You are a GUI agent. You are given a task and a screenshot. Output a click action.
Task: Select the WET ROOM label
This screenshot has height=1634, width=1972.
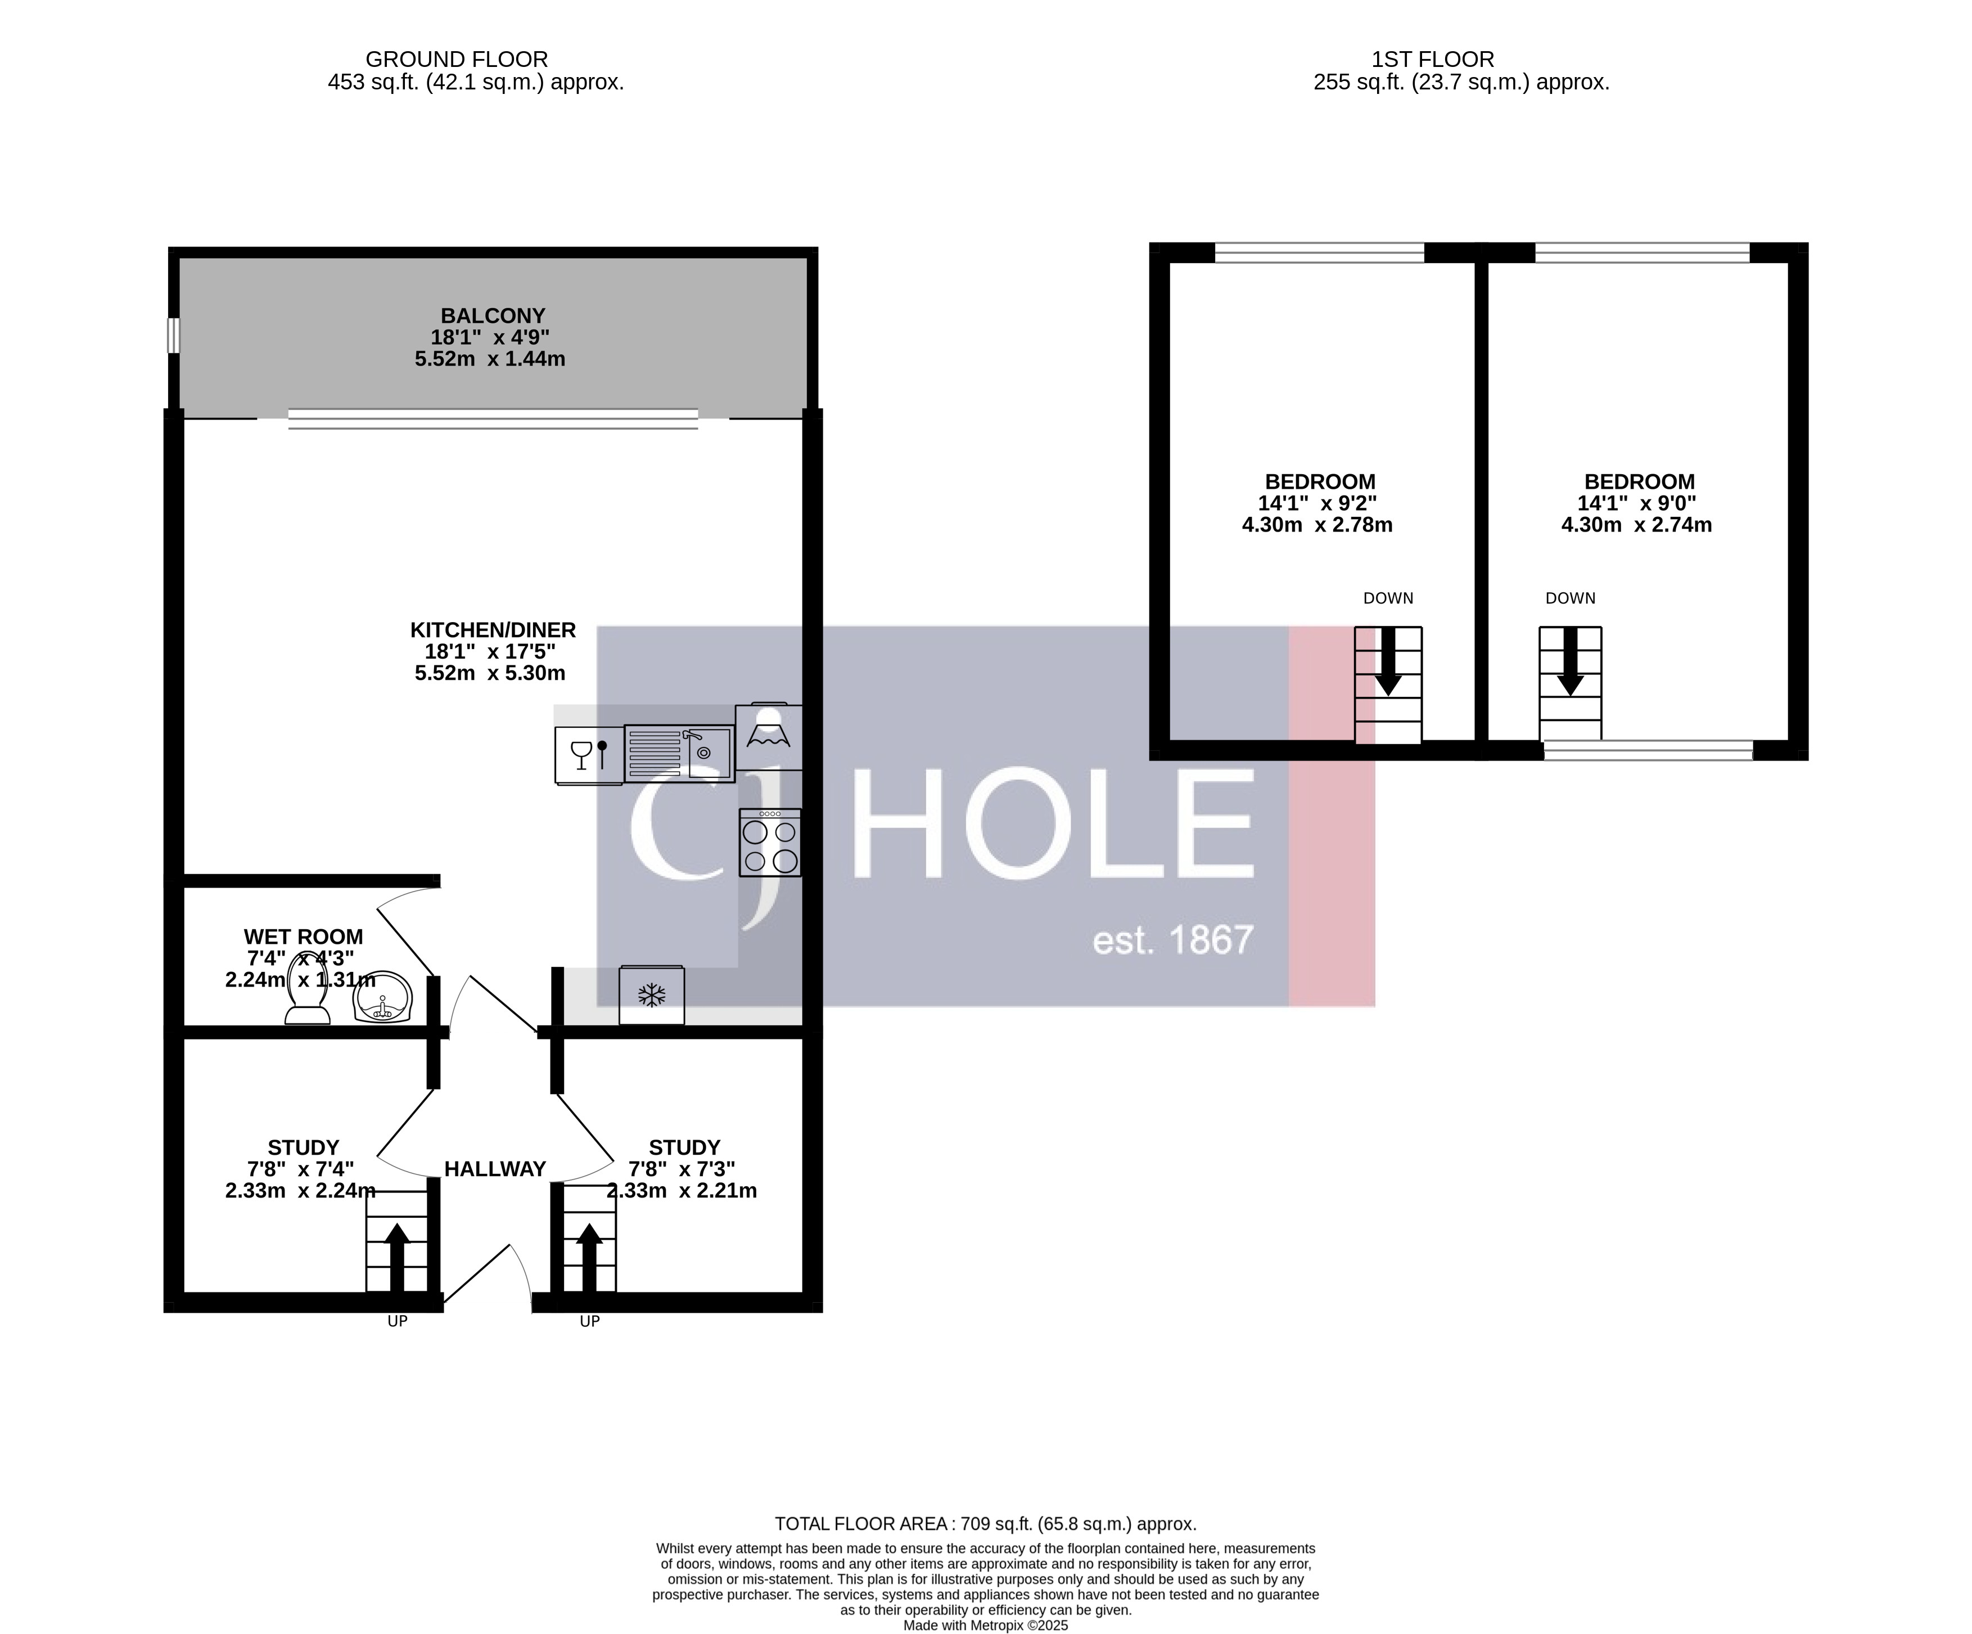point(303,937)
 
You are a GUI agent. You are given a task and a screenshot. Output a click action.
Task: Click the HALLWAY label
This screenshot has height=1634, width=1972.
point(495,1169)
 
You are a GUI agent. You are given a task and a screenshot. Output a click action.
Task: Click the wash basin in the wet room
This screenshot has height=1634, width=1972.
point(382,996)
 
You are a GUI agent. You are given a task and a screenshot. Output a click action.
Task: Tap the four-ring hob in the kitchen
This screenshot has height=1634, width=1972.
point(770,843)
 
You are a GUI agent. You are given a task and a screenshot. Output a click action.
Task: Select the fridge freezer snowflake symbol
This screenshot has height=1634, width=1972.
point(652,996)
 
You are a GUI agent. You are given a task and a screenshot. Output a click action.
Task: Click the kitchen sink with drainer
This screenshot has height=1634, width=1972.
point(678,753)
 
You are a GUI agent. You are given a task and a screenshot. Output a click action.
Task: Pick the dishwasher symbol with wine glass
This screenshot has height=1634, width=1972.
point(589,754)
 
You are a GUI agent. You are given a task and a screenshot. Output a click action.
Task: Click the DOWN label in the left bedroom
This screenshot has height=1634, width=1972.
point(1388,598)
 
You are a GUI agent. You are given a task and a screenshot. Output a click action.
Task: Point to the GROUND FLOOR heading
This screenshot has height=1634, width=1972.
point(457,59)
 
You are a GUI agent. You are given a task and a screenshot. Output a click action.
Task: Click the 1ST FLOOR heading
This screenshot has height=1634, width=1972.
point(1433,59)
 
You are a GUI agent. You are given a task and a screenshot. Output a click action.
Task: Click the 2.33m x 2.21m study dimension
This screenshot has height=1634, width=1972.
point(682,1191)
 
